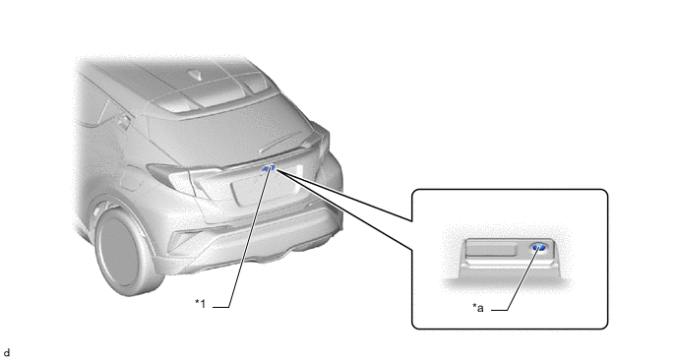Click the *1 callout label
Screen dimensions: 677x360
point(201,304)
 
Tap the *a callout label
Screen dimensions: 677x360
point(477,308)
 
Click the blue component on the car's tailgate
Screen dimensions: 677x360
point(268,168)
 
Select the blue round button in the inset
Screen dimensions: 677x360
point(538,247)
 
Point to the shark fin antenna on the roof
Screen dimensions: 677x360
point(197,75)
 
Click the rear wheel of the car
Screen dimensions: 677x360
point(122,250)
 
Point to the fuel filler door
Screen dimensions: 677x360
point(131,177)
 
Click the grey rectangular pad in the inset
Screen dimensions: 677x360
point(491,250)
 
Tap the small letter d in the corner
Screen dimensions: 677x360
point(6,353)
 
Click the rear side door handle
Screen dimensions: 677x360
point(123,122)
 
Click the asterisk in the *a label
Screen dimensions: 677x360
point(473,306)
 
